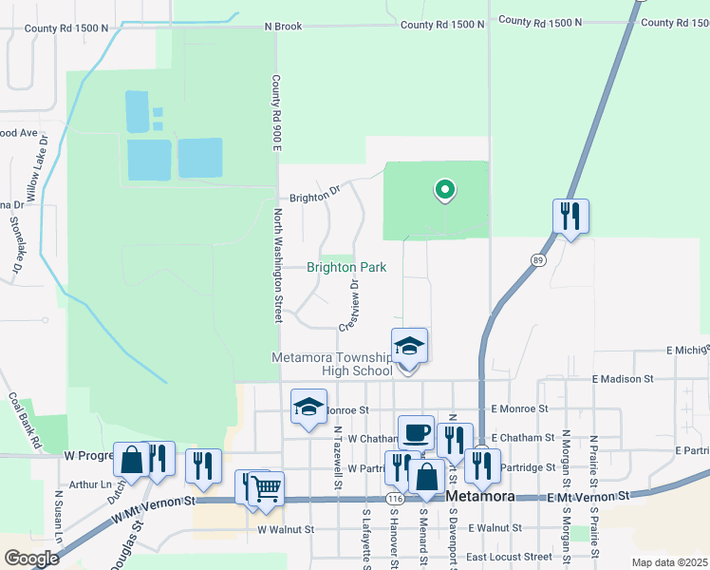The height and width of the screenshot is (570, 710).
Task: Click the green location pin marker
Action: (x=443, y=191)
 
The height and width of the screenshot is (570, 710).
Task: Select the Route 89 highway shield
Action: (x=538, y=258)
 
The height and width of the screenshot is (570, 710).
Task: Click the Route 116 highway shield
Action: (x=395, y=498)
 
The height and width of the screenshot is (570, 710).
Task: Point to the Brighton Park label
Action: (x=346, y=268)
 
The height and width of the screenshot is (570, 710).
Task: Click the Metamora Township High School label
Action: (x=331, y=364)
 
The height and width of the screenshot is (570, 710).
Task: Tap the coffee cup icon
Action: (x=416, y=432)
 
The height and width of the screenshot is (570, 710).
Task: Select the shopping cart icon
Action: (x=266, y=487)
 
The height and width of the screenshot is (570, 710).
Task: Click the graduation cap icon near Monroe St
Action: (x=308, y=407)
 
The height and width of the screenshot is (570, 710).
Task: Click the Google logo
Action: (x=31, y=558)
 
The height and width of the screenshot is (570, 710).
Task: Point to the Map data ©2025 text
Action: (x=669, y=562)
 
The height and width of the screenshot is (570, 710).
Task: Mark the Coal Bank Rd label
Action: (x=25, y=421)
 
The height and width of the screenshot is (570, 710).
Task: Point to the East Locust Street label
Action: (x=508, y=557)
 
